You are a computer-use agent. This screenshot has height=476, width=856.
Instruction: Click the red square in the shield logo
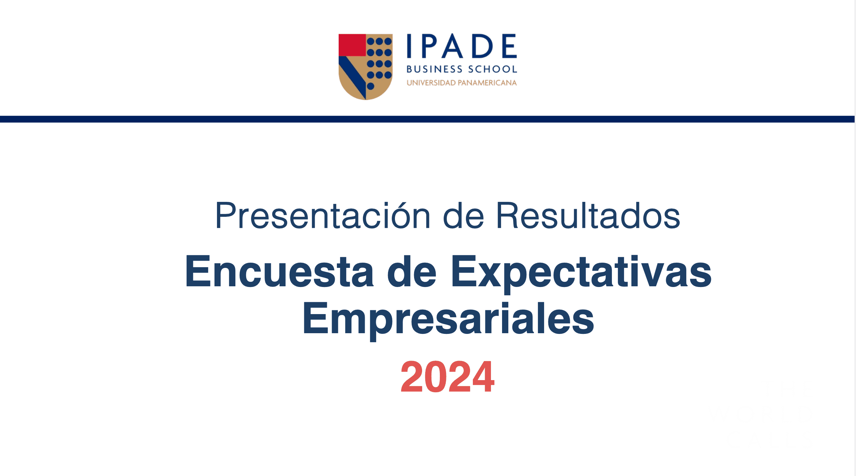click(x=352, y=45)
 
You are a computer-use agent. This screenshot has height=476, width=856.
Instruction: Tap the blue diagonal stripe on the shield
click(x=352, y=77)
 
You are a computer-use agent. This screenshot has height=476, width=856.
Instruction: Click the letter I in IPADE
click(x=409, y=46)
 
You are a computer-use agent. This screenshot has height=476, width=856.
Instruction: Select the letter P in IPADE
click(x=430, y=46)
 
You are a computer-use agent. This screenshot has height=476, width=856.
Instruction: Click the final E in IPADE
click(x=510, y=46)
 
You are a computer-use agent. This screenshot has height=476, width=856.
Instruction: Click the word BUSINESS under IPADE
click(x=435, y=69)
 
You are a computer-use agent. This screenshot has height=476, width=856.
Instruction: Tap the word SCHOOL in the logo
click(x=493, y=69)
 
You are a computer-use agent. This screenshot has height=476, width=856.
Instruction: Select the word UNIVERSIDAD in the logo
click(x=431, y=83)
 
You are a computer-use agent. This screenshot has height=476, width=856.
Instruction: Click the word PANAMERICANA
click(x=487, y=83)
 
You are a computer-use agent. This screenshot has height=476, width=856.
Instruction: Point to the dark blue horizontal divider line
click(x=427, y=119)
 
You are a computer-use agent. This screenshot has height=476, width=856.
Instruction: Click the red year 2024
click(x=447, y=377)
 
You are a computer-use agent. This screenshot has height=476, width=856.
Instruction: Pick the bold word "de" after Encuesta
click(x=412, y=271)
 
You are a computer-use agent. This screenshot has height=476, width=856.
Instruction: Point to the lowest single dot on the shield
click(x=371, y=86)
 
